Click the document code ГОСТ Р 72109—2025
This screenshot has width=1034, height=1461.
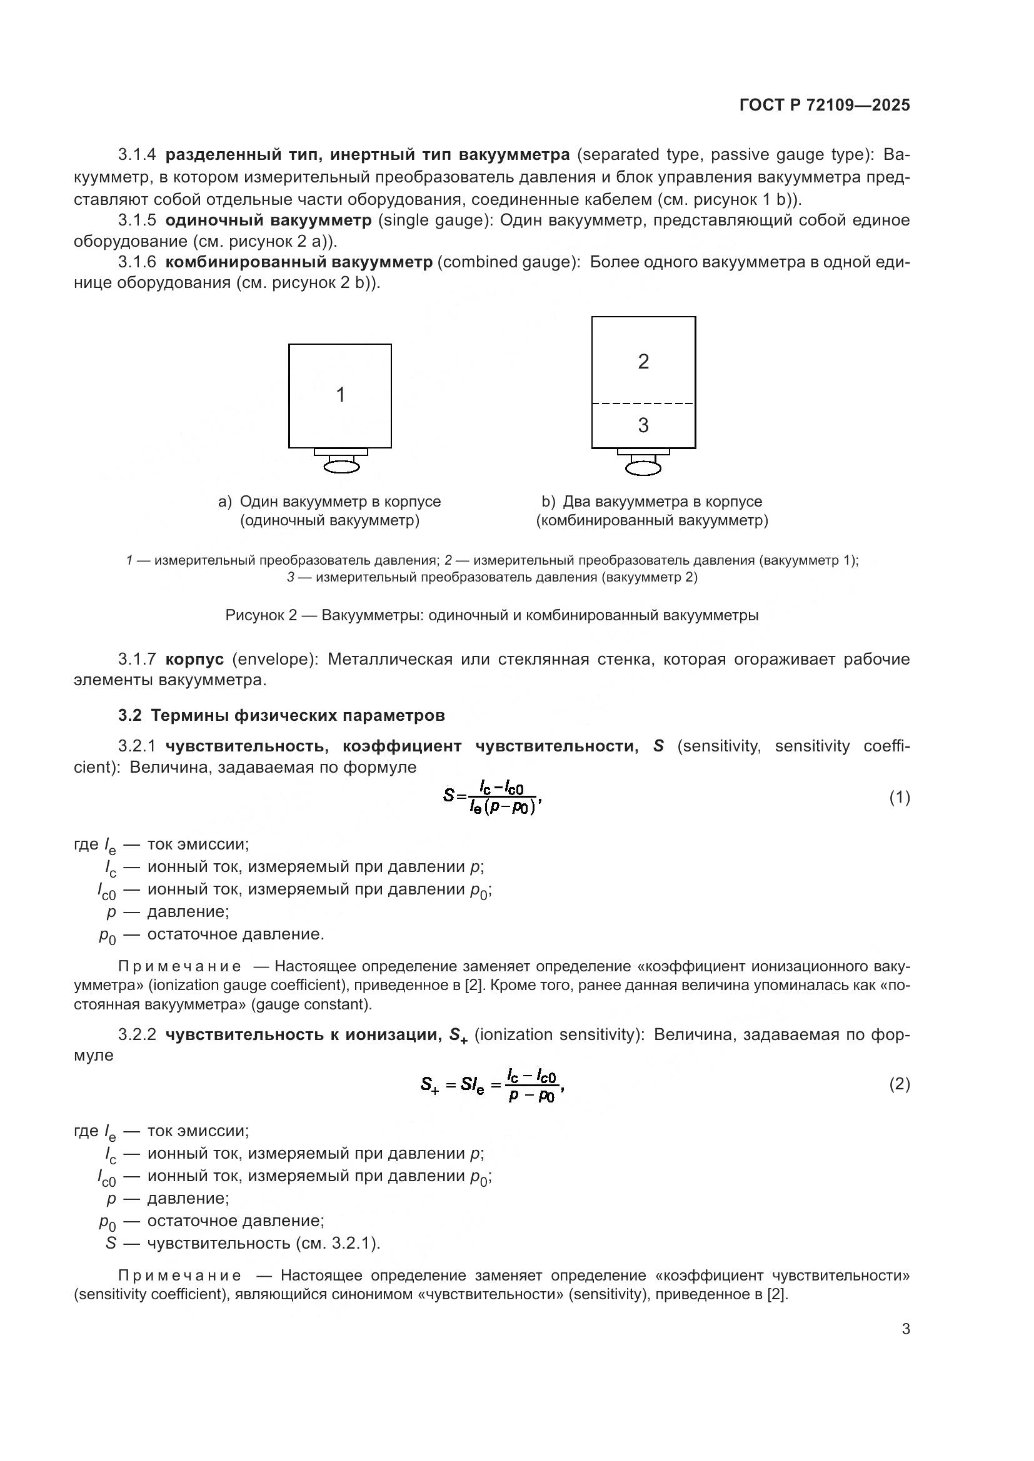coord(825,105)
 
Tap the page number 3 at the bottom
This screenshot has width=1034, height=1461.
coord(905,1329)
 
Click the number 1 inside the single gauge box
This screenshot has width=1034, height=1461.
coord(340,395)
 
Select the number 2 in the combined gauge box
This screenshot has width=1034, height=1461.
coord(643,362)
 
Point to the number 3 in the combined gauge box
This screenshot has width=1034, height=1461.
coord(643,425)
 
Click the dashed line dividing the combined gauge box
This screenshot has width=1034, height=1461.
coord(643,404)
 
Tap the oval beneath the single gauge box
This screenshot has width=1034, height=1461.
coord(341,467)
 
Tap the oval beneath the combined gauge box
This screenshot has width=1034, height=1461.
coord(643,468)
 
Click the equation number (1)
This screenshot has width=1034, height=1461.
coord(899,797)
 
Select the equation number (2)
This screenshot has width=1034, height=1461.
coord(899,1084)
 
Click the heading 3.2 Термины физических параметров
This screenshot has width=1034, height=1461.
coord(281,715)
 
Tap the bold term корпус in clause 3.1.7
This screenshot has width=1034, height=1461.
coord(194,659)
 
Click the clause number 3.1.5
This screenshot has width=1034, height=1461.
coord(137,220)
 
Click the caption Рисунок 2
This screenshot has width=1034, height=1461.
coord(261,615)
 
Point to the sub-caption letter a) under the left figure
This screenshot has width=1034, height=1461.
coord(225,502)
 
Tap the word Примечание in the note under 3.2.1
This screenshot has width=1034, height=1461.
coord(179,966)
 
